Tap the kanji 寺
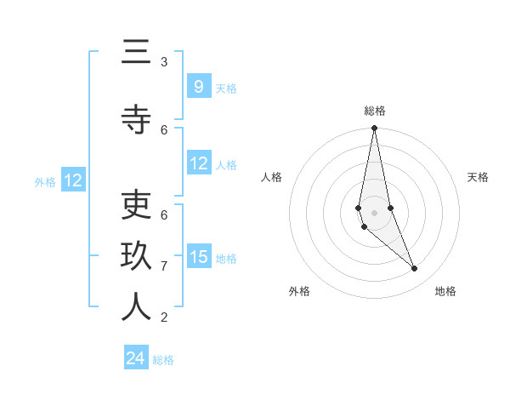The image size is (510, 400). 136,120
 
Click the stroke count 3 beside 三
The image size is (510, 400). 164,62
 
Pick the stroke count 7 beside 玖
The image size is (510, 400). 164,266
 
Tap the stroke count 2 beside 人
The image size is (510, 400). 164,317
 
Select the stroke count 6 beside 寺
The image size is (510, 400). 164,129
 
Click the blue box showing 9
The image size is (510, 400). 198,86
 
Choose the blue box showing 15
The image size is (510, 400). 198,256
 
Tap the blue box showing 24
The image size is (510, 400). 136,358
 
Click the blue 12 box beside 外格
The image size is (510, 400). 72,180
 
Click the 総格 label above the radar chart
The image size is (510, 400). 375,111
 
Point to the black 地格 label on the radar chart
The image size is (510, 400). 445,291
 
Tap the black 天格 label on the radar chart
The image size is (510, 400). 478,177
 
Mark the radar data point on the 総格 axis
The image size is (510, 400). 374,129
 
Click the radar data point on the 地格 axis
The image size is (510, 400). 415,269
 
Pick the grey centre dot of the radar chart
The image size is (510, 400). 374,212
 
